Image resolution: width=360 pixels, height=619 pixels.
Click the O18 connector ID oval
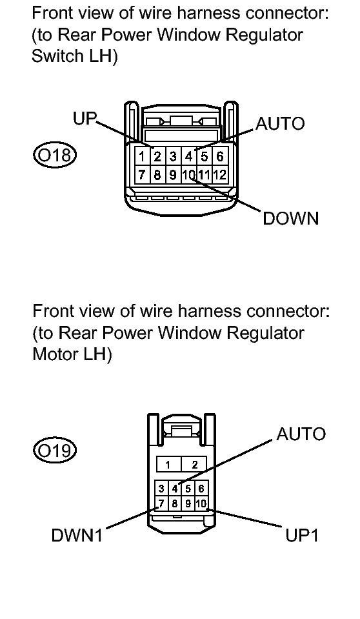54,155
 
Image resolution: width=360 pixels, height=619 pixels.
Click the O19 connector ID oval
54,451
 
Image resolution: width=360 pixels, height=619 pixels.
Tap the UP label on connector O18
85,118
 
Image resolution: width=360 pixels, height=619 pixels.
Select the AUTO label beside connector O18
280,124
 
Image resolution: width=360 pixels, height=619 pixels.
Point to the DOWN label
291,218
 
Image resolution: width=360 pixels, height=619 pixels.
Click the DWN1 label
77,536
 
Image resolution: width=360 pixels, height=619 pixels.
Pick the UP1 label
302,536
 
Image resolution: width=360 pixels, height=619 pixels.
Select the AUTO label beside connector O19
301,434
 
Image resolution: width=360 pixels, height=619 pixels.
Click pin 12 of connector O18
220,174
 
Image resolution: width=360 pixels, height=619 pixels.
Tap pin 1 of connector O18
142,157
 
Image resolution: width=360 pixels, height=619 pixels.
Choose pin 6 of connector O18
220,157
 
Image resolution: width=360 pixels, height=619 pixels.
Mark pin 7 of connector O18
142,174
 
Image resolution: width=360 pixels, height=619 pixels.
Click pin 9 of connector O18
173,174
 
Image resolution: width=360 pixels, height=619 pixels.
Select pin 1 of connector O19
168,464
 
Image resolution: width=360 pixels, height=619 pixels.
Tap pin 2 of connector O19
194,464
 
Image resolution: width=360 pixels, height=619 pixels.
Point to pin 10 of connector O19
201,503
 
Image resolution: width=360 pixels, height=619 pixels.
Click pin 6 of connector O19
201,489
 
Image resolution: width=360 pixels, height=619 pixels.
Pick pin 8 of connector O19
174,503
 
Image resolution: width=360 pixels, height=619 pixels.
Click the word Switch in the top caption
54,56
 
